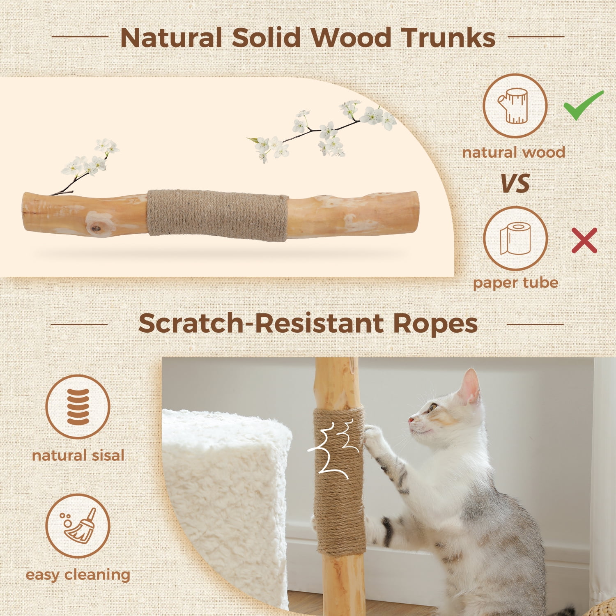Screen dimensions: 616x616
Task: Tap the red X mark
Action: pos(584,241)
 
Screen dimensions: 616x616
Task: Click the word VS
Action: pos(515,184)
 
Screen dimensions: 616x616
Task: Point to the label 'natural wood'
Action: pos(514,153)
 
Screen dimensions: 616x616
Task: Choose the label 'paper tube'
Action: pos(515,283)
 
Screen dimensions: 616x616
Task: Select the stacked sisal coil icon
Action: pos(78,407)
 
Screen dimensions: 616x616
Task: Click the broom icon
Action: pos(78,526)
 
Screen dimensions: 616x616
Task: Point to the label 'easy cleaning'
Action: pos(78,575)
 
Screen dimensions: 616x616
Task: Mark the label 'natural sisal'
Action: pos(78,455)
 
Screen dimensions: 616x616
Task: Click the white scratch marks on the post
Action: pos(333,450)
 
